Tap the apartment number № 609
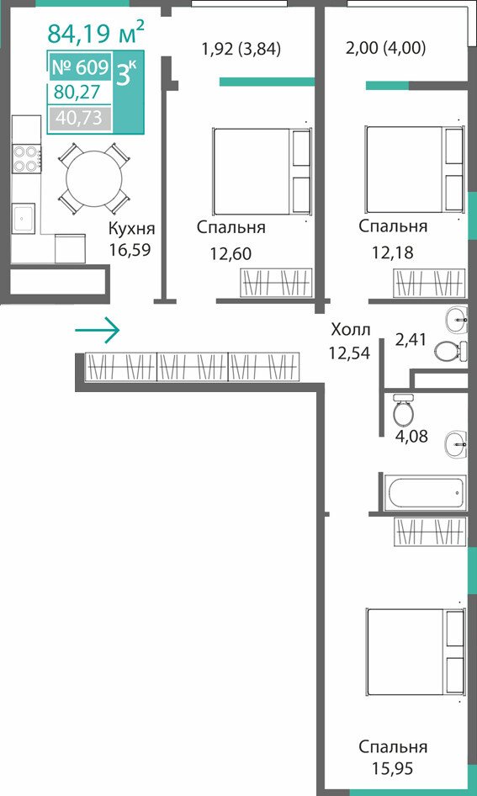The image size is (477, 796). tap(80, 67)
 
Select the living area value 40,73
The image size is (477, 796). tap(79, 118)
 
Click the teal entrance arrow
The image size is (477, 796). tap(97, 331)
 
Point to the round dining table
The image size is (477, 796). tap(94, 178)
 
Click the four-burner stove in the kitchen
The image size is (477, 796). tap(27, 159)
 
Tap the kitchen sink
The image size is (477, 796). tap(24, 219)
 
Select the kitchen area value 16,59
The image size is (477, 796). tap(130, 250)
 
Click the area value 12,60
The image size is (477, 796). tap(231, 253)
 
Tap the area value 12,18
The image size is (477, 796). tap(392, 252)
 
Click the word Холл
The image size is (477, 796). tap(351, 330)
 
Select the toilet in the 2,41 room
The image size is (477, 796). tap(451, 351)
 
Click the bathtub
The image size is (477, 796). tap(425, 492)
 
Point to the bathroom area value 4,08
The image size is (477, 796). tap(411, 436)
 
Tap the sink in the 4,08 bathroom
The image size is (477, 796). tap(456, 445)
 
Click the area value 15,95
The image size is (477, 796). tap(392, 768)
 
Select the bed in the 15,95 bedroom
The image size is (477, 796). tap(416, 652)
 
